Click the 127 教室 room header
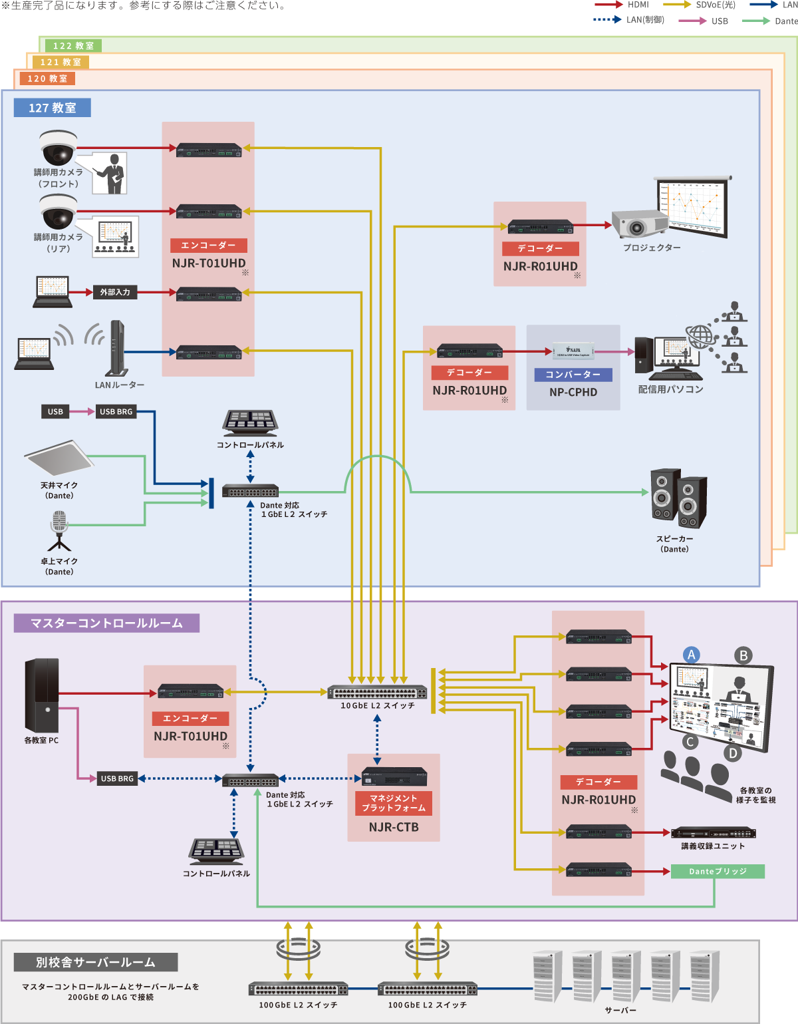click(x=52, y=108)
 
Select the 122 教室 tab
click(x=73, y=46)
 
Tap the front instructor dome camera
click(x=59, y=148)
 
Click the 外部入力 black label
click(x=115, y=292)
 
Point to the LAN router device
click(x=117, y=349)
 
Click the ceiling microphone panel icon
click(x=58, y=458)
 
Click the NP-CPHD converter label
click(x=573, y=392)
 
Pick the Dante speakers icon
click(x=678, y=498)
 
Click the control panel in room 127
click(x=250, y=423)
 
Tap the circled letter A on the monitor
click(x=691, y=655)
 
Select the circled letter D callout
click(x=733, y=753)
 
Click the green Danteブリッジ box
click(x=718, y=872)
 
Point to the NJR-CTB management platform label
click(x=394, y=827)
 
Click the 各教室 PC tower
click(x=42, y=695)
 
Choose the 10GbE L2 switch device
click(x=377, y=692)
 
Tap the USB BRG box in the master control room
click(x=117, y=778)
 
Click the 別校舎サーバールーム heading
click(x=96, y=962)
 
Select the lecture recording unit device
click(x=714, y=833)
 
